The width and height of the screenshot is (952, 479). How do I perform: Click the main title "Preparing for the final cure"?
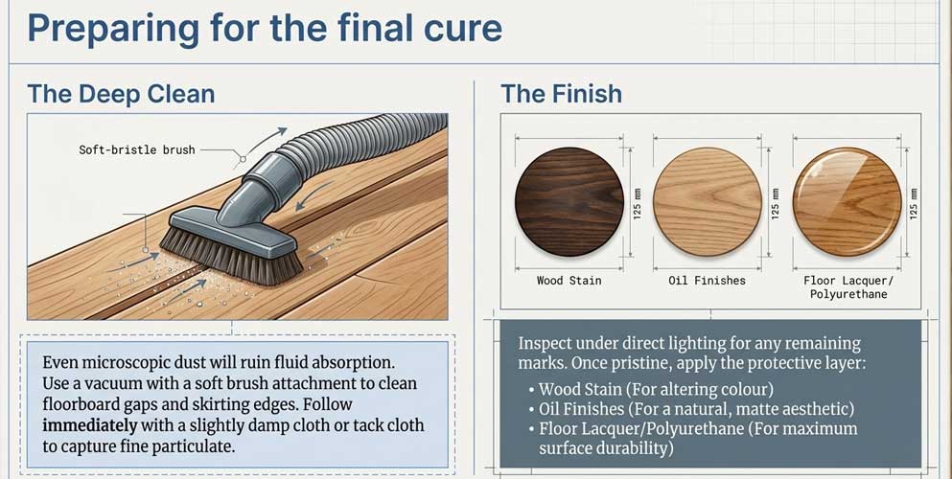pos(265,28)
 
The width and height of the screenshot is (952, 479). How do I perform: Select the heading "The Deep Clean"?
pos(121,94)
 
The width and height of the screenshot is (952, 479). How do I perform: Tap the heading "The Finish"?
pos(561,94)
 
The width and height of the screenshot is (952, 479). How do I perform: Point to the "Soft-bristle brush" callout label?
pos(138,149)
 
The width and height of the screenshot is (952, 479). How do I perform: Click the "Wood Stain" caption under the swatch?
pos(569,281)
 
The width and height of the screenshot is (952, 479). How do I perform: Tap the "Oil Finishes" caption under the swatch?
pos(708,281)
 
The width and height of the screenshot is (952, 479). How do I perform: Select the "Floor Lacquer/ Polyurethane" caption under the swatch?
pos(847,287)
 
